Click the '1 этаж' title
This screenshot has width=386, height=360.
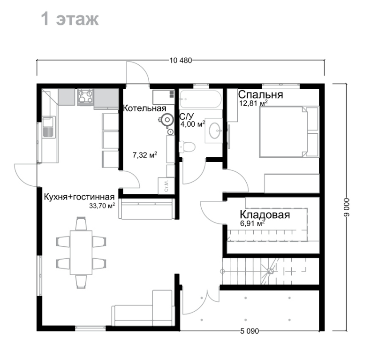coord(70,19)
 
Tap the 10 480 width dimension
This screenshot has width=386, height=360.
coord(181,61)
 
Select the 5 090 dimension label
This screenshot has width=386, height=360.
coord(250,331)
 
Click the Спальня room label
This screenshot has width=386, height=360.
coord(261,95)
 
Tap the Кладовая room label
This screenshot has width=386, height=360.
coord(265,215)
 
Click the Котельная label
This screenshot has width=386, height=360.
coord(144,108)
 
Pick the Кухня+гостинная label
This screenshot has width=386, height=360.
coord(79,197)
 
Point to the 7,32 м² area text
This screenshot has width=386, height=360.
coord(145,155)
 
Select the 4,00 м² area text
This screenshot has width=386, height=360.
coord(193,124)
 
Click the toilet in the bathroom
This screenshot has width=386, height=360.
coord(187,147)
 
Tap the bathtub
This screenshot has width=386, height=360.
coord(201,99)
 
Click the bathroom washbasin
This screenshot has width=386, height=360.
coord(214,130)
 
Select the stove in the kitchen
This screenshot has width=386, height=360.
coord(85,96)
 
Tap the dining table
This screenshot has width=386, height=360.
coord(81,253)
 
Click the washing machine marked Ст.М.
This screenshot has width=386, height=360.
coord(166,185)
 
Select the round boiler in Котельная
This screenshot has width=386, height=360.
coord(167,120)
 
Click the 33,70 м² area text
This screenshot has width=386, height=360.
coord(102,206)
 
